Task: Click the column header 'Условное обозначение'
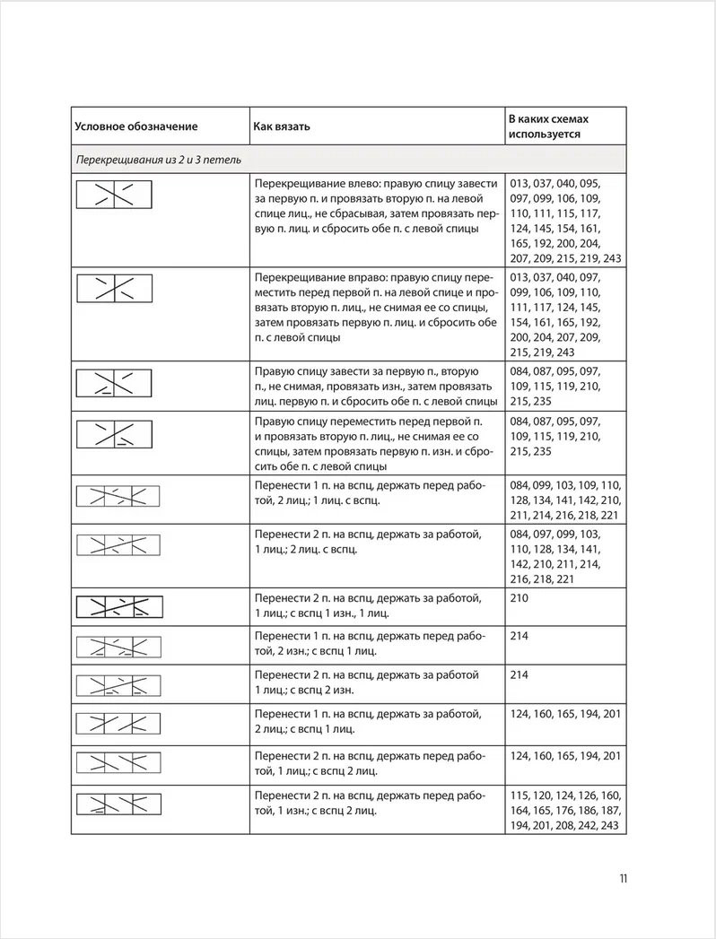click(x=135, y=126)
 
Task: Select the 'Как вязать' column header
click(x=282, y=126)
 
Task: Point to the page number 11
click(x=623, y=878)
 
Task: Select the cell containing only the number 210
click(x=519, y=596)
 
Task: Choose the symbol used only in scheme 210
click(x=119, y=606)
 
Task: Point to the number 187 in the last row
click(x=609, y=810)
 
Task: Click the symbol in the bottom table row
click(x=119, y=804)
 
